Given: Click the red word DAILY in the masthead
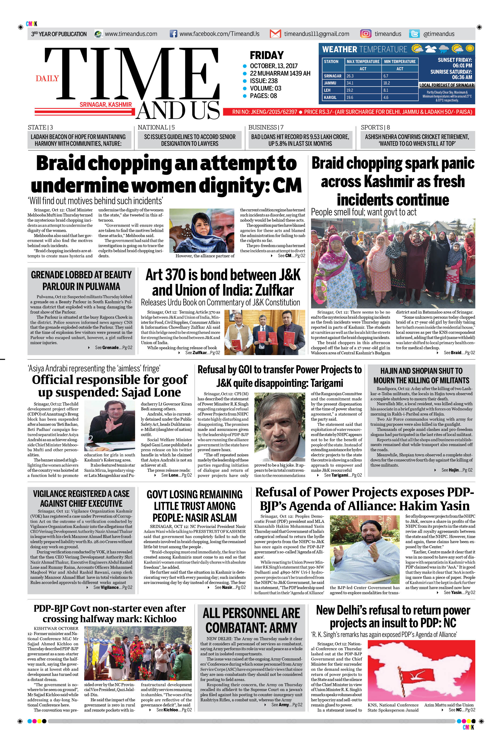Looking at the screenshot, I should click(47, 78).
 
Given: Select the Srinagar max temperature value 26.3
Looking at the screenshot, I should click(350, 76).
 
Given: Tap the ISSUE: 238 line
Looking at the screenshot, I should click(264, 81).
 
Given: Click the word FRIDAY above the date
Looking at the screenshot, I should click(267, 55).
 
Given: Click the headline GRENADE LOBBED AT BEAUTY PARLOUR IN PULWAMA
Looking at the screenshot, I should click(81, 280).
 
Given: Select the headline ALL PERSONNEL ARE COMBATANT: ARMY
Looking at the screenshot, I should click(251, 620).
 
